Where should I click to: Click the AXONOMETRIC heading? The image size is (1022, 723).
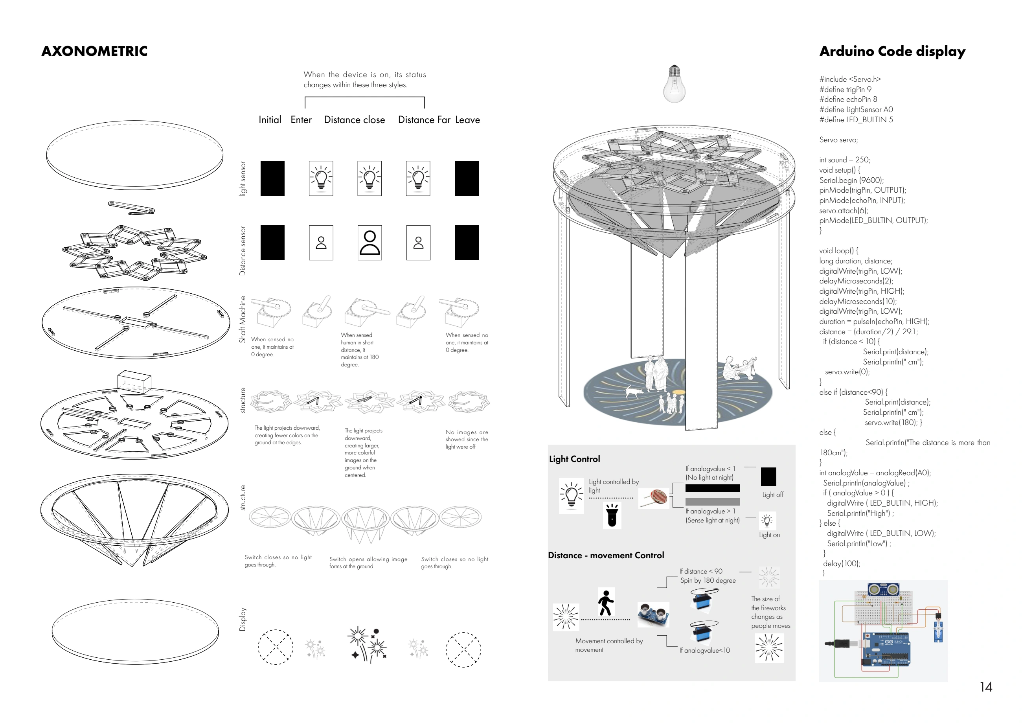tap(94, 51)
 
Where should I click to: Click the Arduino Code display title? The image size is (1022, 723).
tap(892, 52)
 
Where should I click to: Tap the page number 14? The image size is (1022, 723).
tap(986, 687)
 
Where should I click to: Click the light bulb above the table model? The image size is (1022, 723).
tap(675, 84)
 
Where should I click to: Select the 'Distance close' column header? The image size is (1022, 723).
tap(354, 120)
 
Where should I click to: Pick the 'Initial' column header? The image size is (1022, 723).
tap(270, 120)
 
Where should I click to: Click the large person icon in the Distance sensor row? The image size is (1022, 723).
tap(369, 243)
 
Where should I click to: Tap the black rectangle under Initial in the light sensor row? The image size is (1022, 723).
tap(272, 178)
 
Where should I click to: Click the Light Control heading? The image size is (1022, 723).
tap(574, 459)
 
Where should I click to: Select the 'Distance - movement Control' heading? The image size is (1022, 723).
tap(606, 555)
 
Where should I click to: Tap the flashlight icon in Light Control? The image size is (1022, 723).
tap(612, 515)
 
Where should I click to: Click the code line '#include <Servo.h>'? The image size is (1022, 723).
tap(850, 79)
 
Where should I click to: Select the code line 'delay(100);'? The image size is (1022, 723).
tap(842, 564)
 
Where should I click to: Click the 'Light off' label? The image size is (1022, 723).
tap(773, 495)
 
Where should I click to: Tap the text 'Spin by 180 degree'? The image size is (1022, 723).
tap(708, 581)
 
